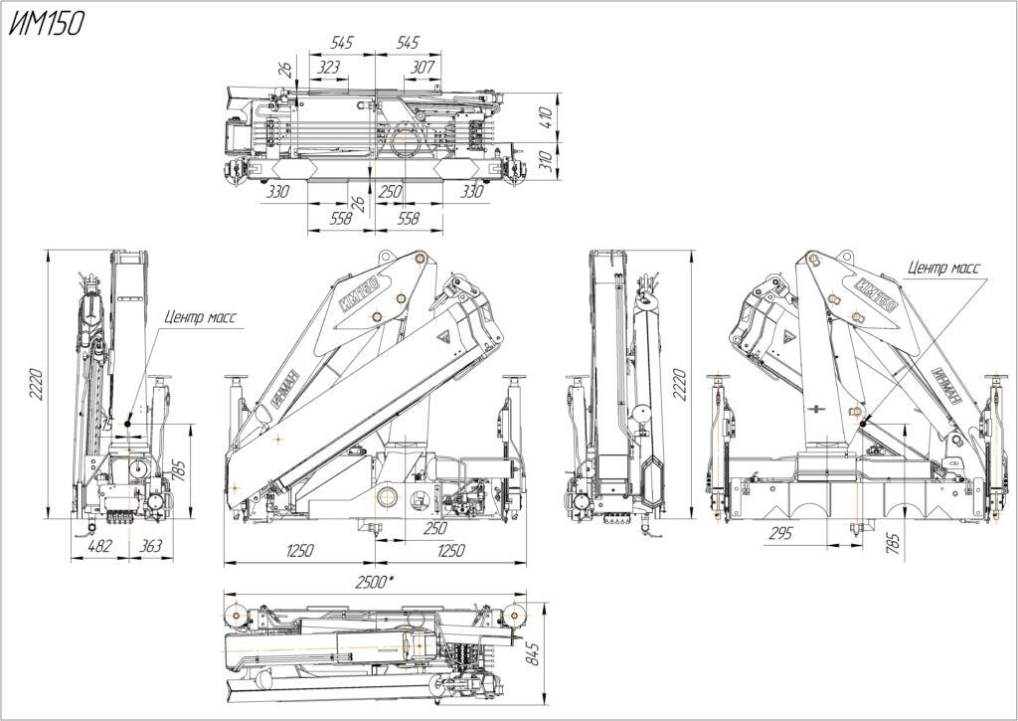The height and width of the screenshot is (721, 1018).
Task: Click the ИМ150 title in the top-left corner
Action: pos(46,24)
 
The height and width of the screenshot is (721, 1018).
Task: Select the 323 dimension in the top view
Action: pos(328,67)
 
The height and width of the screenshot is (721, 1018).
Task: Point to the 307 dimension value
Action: pos(423,67)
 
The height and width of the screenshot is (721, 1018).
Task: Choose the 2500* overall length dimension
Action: pos(375,582)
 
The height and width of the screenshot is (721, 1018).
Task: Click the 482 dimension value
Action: pos(99,545)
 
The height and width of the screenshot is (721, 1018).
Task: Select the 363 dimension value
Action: pos(151,545)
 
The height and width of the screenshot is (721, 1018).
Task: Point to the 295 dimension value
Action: pos(780,533)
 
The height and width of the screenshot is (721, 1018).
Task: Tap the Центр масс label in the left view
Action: pos(200,317)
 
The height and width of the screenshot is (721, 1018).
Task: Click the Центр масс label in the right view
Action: pos(943,268)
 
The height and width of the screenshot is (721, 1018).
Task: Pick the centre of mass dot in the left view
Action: pos(128,424)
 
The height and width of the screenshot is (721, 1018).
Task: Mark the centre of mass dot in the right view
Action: pos(862,424)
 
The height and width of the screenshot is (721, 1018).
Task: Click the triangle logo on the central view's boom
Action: pos(445,337)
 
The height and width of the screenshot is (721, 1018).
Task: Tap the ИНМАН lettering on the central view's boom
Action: pos(285,388)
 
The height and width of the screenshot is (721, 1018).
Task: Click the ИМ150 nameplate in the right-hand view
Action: pos(877,294)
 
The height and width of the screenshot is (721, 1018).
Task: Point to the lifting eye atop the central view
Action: pos(385,256)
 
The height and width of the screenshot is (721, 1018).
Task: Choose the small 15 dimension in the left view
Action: pos(107,425)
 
